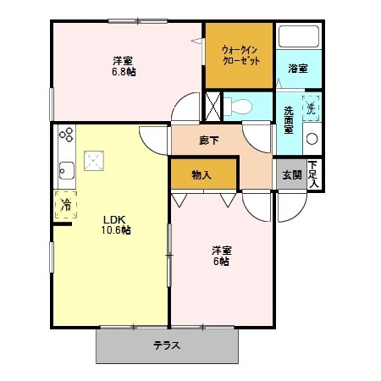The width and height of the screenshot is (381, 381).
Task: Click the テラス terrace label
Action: [166, 345]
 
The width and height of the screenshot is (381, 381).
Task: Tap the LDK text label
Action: [114, 218]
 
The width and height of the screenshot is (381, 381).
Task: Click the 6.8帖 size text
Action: [124, 72]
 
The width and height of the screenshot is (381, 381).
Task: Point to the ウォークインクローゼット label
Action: [240, 56]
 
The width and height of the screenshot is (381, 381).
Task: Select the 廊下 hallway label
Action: [209, 141]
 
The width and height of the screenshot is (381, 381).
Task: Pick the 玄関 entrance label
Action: [291, 175]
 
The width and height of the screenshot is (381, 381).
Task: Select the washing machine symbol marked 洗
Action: [311, 108]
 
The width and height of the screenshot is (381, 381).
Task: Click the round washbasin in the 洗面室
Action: [311, 139]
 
